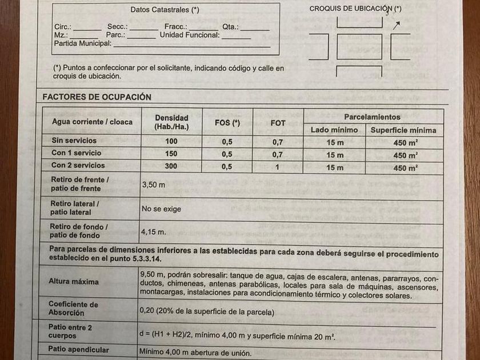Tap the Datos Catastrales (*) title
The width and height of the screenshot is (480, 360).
[x=165, y=10]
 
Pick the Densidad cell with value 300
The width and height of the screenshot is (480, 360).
[x=171, y=166]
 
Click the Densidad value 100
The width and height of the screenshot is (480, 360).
[x=171, y=141]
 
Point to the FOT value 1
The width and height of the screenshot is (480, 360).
[x=278, y=167]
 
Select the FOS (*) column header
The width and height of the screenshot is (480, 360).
[x=227, y=123]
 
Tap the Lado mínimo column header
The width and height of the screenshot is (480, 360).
[x=334, y=130]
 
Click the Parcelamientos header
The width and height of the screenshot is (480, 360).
[x=372, y=117]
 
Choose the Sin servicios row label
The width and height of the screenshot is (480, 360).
[x=74, y=141]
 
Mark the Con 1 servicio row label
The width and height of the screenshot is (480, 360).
[x=77, y=153]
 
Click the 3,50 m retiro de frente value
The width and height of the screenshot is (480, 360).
[x=153, y=185]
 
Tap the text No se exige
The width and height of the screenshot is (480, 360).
[x=161, y=209]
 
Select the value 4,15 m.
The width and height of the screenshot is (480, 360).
[x=154, y=232]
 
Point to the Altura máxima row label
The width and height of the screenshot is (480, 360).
[x=74, y=282]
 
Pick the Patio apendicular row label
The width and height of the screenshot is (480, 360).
[x=78, y=350]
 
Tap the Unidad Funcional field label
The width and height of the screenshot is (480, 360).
[x=190, y=35]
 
